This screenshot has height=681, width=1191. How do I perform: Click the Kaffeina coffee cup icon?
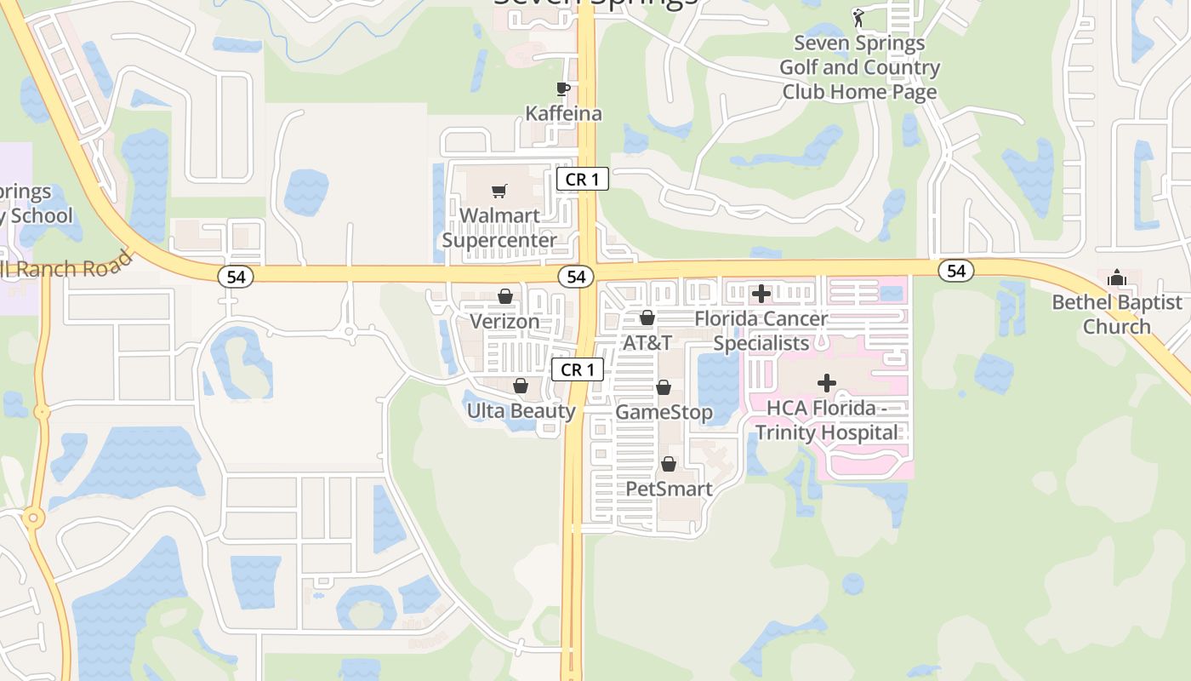coord(562,88)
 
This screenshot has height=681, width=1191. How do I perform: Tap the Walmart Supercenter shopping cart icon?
coord(499,191)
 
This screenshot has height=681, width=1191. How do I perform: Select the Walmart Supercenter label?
coord(500,228)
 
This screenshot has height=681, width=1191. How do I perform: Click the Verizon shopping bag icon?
coord(505,295)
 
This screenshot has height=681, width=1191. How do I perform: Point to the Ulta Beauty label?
coord(521,411)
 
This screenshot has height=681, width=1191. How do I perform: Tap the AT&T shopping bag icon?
coord(647,318)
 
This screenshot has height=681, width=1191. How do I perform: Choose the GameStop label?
coord(664,412)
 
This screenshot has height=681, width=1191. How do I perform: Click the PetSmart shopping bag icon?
coord(669,464)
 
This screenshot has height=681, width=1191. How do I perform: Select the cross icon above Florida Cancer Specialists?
coord(761,294)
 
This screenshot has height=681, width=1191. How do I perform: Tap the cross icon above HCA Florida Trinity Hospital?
coord(827,383)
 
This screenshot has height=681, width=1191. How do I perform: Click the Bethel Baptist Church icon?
coord(1117,278)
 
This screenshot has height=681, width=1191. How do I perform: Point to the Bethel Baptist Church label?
coord(1117,314)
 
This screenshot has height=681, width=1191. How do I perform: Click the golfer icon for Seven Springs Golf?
coord(859,17)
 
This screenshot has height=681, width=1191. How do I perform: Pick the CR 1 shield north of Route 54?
coord(583,179)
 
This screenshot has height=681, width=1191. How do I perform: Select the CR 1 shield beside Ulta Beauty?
coord(578,369)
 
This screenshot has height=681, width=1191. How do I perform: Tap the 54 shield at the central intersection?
coord(576,277)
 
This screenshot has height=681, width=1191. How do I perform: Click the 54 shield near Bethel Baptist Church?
coord(956,271)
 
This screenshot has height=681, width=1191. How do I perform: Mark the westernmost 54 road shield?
coord(236,277)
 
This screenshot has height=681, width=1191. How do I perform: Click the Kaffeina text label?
coord(563,113)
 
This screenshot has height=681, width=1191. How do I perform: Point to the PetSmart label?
coord(669,489)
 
